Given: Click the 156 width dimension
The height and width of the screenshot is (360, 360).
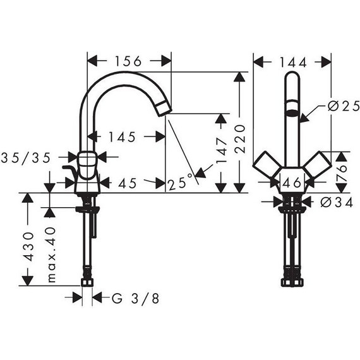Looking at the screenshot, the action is (x=128, y=61).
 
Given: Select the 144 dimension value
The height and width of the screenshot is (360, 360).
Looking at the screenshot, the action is (x=292, y=63).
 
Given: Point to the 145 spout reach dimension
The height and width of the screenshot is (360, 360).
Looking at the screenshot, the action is (x=122, y=137).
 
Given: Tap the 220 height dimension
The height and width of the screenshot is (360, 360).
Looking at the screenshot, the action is (x=241, y=139).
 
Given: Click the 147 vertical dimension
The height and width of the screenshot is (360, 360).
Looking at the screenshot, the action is (x=221, y=150).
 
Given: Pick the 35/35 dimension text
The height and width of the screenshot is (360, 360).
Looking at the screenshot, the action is (x=26, y=158).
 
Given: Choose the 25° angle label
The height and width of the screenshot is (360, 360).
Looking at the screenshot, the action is (x=180, y=182).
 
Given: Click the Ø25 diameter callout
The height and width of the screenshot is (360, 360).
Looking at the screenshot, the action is (x=344, y=106).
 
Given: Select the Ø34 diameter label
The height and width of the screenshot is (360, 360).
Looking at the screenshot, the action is (x=337, y=203).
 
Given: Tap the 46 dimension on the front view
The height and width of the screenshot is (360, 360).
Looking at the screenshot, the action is (x=292, y=183).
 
